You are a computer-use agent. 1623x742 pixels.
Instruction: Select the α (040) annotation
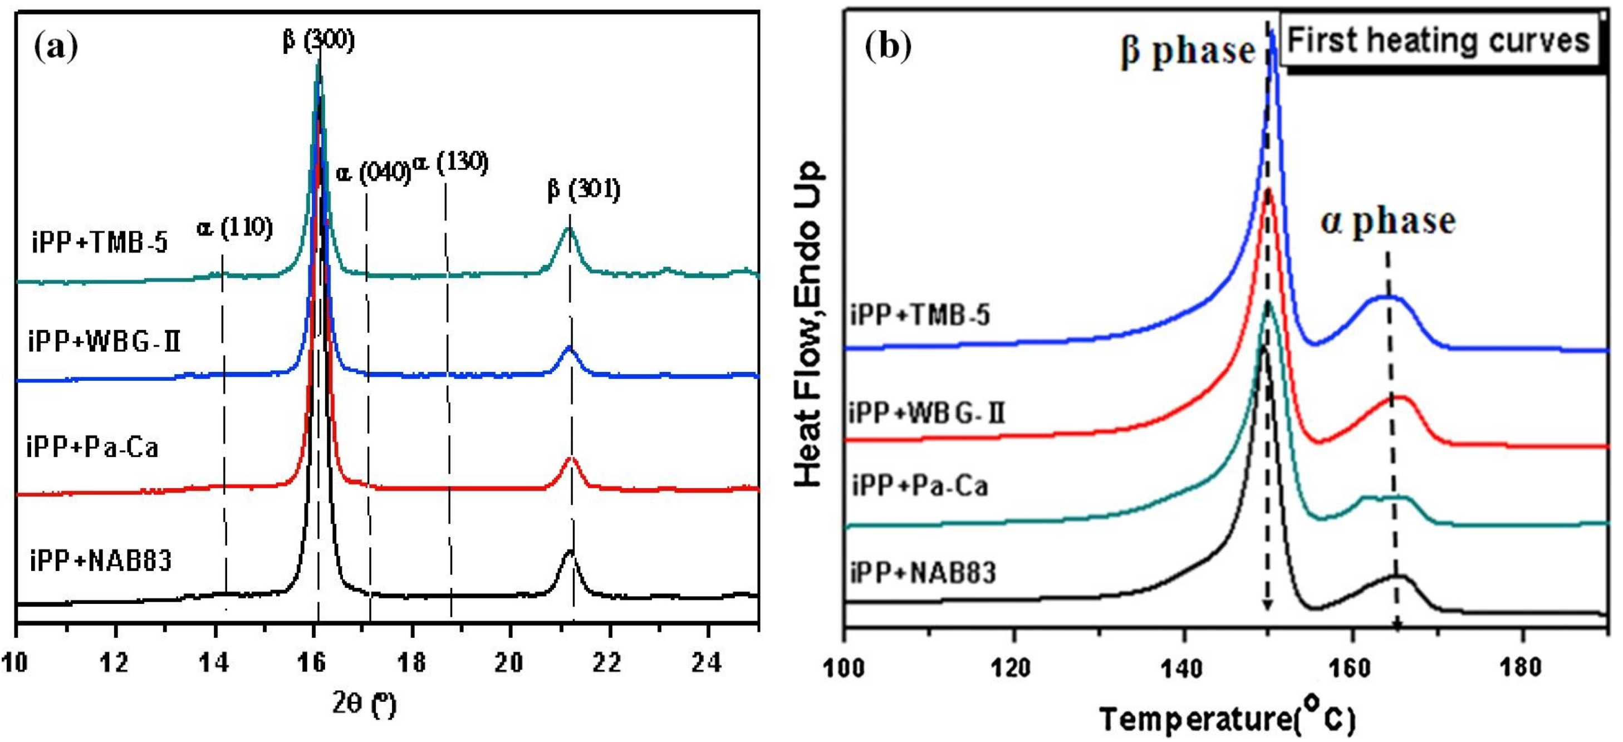tap(373, 171)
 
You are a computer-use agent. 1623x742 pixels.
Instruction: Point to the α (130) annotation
tap(451, 163)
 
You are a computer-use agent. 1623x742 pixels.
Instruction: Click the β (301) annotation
tap(584, 189)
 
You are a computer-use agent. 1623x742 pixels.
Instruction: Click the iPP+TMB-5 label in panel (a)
tap(100, 242)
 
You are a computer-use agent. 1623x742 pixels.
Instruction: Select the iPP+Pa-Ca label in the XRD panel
tap(92, 448)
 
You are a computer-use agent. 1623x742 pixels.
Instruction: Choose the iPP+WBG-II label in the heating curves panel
tap(926, 413)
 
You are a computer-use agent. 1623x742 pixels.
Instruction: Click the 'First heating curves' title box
tap(1438, 41)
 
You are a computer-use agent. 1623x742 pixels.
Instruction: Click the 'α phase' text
tap(1388, 221)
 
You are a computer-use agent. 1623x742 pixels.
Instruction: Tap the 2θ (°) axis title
tap(364, 704)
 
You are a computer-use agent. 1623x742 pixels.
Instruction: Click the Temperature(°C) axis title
tap(1227, 718)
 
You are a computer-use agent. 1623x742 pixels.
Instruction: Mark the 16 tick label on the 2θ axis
tap(312, 662)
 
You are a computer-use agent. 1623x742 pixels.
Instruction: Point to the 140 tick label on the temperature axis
tap(1183, 667)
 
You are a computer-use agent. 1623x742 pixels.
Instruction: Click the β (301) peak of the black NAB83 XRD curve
tap(570, 552)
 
